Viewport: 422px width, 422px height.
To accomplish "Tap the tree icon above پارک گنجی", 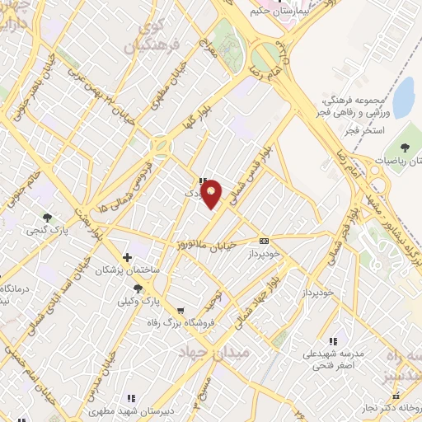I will [x=48, y=217].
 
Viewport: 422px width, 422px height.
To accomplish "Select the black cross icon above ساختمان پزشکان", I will [x=126, y=257].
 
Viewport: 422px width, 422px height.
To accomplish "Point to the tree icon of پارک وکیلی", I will [x=137, y=288].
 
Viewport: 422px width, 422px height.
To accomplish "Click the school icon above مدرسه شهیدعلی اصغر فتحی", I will [x=333, y=340].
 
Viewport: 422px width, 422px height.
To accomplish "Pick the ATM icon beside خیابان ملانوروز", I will [x=264, y=241].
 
